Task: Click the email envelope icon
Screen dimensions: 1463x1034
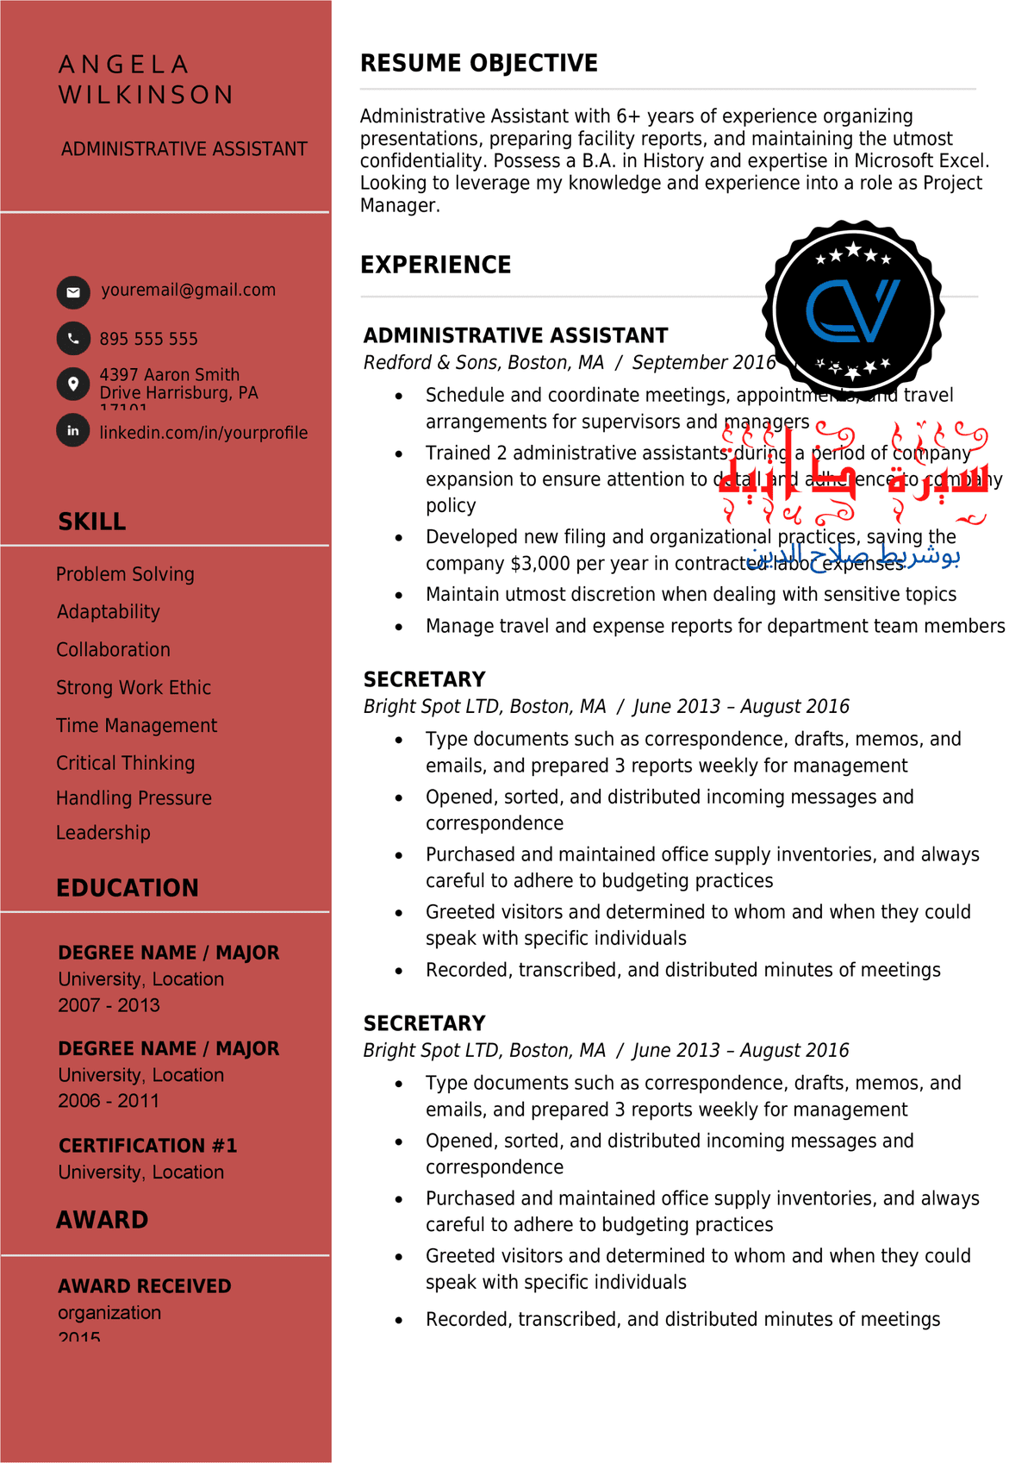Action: pos(73,292)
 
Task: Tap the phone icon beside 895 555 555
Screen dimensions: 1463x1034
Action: pos(73,339)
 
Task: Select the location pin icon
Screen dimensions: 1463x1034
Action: pos(73,384)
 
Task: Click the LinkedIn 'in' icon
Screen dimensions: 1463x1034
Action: pos(73,430)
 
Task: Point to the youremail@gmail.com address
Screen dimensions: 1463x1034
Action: pos(189,290)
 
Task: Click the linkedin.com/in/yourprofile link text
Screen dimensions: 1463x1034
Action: pos(203,433)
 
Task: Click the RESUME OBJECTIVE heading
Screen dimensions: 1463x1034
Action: pos(479,63)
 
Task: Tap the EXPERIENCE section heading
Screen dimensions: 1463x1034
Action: pos(436,265)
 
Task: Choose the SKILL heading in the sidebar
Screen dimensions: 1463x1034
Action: pos(92,522)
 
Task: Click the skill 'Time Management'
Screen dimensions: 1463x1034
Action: pos(136,726)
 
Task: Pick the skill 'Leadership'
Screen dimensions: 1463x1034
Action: pos(103,833)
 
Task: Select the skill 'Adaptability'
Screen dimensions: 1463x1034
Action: pos(109,612)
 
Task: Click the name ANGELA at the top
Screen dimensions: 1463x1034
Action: pos(124,65)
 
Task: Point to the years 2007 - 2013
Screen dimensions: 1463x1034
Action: pos(109,1005)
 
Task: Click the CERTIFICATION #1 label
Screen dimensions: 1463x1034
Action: pos(147,1146)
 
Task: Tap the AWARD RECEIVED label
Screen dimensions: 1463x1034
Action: pos(145,1286)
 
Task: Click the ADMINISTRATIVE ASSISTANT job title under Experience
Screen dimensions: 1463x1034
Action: pos(515,335)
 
